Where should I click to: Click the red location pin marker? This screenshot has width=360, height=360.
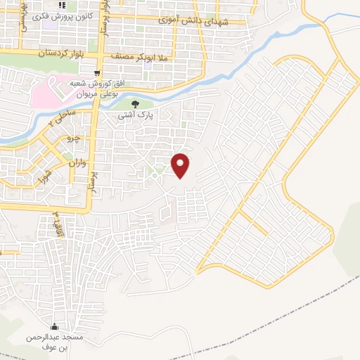coord(181,165)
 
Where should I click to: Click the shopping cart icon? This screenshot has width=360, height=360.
coord(97,72)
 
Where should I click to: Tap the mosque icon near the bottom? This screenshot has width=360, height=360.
coord(55,327)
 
